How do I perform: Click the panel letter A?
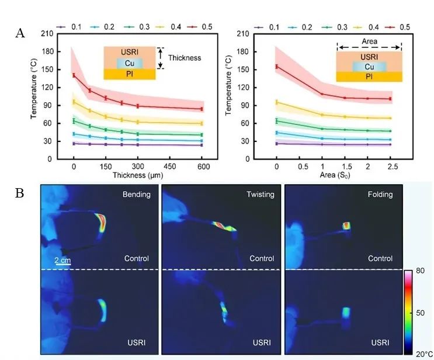coord(20,33)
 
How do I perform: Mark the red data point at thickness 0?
coord(74,75)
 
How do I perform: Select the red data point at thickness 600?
coord(202,109)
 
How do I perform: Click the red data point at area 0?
coord(276,67)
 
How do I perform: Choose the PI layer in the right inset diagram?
coord(369,77)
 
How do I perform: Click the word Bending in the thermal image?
coord(136,195)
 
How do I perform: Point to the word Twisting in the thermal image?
coord(259,195)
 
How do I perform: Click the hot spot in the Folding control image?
coord(346,225)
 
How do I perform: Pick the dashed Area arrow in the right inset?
coord(369,47)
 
